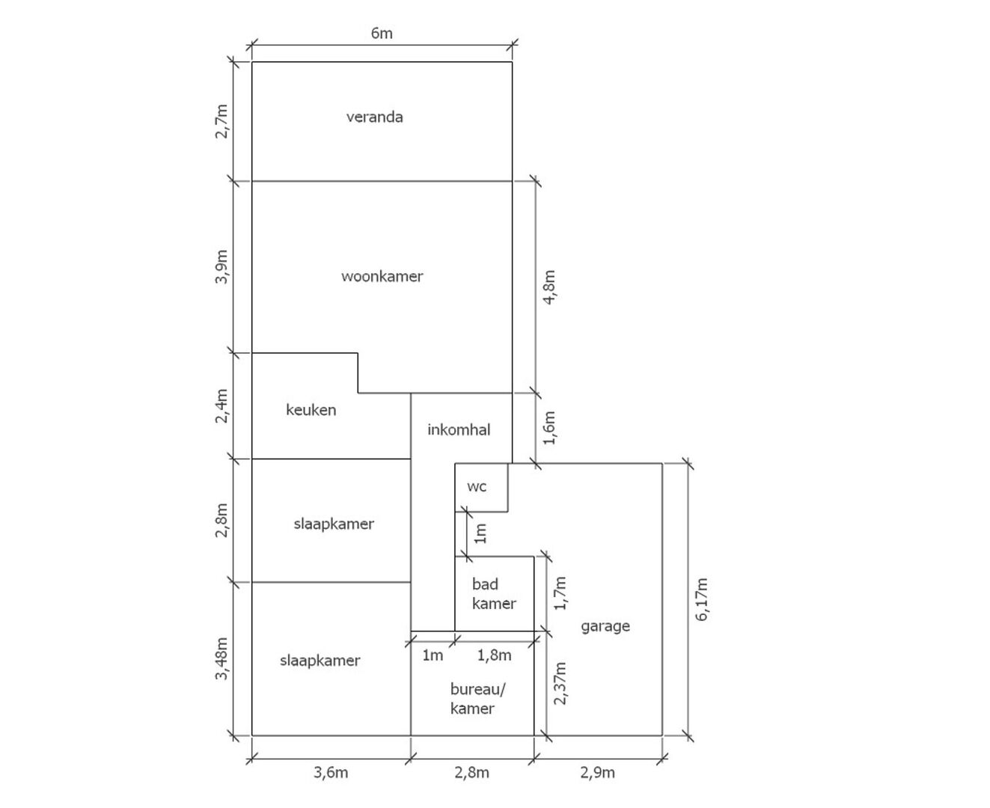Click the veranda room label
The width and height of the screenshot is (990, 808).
[375, 117]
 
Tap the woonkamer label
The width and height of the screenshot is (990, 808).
[382, 276]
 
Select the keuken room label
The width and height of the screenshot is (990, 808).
[311, 410]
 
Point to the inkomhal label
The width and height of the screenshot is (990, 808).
[459, 429]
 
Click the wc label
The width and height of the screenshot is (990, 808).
[477, 487]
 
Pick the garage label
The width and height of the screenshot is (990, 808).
[605, 627]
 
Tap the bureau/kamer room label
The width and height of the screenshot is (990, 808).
[477, 699]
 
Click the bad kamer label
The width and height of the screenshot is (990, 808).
[494, 594]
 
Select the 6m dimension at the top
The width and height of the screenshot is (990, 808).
[382, 34]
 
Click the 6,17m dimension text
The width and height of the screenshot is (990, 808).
[701, 600]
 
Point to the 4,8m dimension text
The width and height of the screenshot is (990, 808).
[549, 287]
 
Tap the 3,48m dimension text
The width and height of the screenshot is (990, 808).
[221, 658]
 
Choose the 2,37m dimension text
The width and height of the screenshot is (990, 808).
[560, 684]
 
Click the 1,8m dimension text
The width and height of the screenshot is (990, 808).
[495, 655]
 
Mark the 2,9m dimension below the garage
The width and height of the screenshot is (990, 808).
[597, 773]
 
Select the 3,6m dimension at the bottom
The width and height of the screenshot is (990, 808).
[331, 773]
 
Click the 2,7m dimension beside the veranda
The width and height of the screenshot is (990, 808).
[221, 121]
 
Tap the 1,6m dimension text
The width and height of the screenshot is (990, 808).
[549, 428]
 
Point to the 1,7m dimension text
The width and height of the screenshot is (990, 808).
[560, 593]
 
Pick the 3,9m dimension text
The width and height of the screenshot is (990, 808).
[221, 266]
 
